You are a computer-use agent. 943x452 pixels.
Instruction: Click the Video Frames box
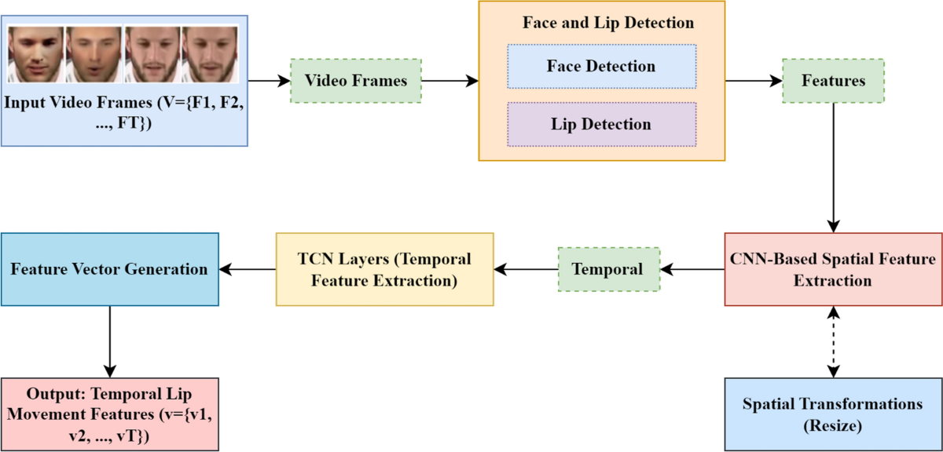click(x=356, y=81)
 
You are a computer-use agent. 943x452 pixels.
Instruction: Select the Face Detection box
click(x=601, y=66)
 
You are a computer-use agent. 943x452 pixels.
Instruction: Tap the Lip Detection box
click(x=601, y=124)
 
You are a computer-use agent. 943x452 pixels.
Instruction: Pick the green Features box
click(x=833, y=81)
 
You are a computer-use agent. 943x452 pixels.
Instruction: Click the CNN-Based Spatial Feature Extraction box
click(x=833, y=269)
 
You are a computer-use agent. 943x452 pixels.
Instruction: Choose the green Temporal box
click(x=607, y=269)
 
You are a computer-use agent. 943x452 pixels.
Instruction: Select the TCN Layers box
click(x=384, y=269)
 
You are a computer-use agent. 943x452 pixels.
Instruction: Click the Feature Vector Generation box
click(x=109, y=269)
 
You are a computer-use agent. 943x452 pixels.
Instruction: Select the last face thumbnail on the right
click(x=210, y=53)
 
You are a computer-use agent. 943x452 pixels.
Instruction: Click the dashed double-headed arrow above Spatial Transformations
click(x=833, y=341)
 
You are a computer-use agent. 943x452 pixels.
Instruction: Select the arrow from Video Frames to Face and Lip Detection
click(x=449, y=81)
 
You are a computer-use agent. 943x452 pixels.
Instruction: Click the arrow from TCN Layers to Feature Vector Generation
click(x=247, y=269)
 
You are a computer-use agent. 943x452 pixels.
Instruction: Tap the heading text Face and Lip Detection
click(x=608, y=23)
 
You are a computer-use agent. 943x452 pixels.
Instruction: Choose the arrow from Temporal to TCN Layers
click(x=525, y=269)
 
